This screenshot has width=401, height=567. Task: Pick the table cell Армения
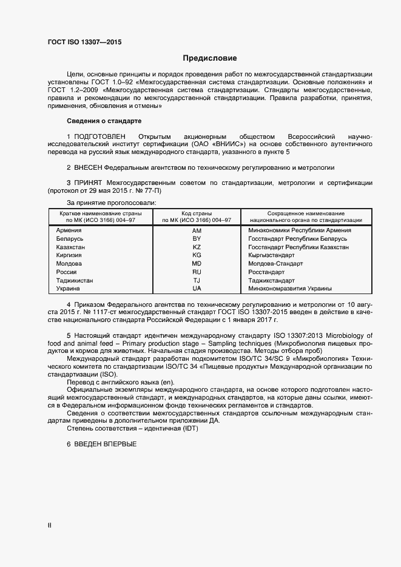(69, 231)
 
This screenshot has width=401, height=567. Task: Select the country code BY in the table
(197, 240)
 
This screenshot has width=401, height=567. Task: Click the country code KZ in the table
(197, 247)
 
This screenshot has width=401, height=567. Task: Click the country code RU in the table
(197, 273)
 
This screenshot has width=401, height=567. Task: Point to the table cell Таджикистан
(75, 281)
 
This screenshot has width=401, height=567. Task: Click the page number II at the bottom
(49, 525)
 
